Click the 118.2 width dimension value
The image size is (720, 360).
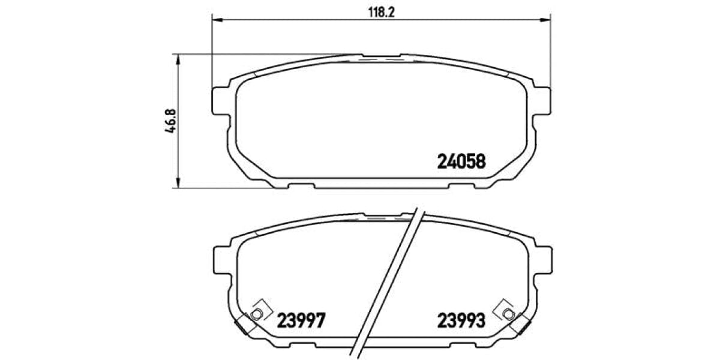tap(380, 12)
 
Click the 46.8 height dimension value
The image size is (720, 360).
tap(171, 121)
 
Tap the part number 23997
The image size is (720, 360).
tap(301, 321)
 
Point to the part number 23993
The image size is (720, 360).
tap(460, 321)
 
